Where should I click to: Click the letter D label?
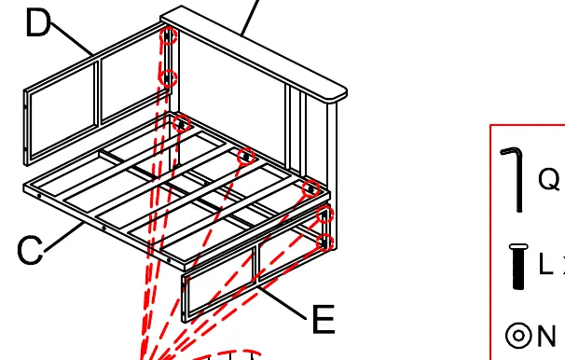pyautogui.click(x=37, y=22)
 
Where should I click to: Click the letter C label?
pyautogui.click(x=30, y=250)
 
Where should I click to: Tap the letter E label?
pyautogui.click(x=324, y=319)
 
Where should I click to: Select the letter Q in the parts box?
pyautogui.click(x=549, y=179)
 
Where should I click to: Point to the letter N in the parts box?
pyautogui.click(x=546, y=336)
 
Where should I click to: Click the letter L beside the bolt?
pyautogui.click(x=545, y=263)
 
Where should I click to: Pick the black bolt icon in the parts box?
pyautogui.click(x=518, y=267)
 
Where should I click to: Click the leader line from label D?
pyautogui.click(x=72, y=38)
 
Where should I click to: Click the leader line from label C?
pyautogui.click(x=64, y=237)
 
